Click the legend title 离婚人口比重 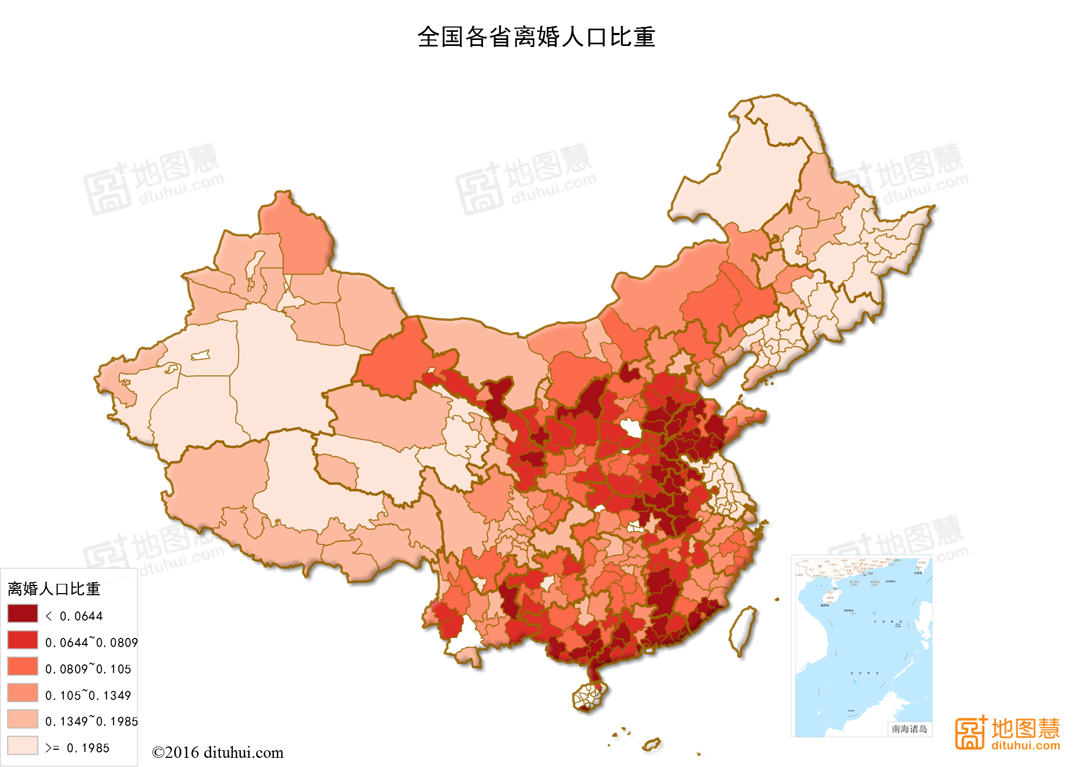point(54,589)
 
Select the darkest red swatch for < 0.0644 point(23,614)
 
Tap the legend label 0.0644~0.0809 point(91,642)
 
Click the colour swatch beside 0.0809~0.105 point(23,667)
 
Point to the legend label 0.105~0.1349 point(88,695)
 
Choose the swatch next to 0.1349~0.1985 point(23,719)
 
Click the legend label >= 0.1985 point(77,748)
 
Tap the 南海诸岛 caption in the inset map point(909,729)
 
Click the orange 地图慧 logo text point(1025,728)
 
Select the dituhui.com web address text point(1025,746)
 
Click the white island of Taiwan point(743,629)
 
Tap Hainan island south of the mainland point(589,696)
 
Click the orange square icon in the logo point(970,733)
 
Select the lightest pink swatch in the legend point(23,745)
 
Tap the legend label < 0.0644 point(74,616)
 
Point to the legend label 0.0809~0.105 point(88,669)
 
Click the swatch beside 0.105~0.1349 point(23,692)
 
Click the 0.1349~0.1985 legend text point(91,721)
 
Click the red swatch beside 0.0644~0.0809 point(23,640)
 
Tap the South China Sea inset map point(862,645)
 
